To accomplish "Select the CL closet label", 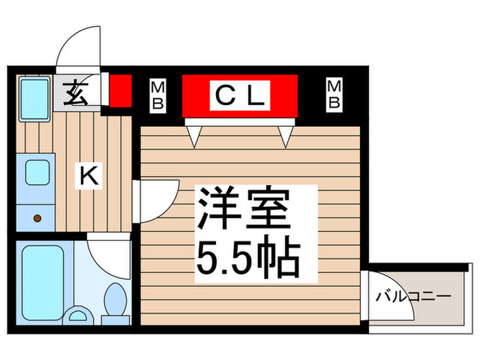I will [x=239, y=95].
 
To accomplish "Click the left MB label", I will [x=158, y=95].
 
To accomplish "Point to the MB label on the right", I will [x=334, y=95].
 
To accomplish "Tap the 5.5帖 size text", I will [x=248, y=258].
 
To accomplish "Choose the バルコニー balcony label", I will [x=413, y=298].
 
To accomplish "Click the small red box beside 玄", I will [x=120, y=91].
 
